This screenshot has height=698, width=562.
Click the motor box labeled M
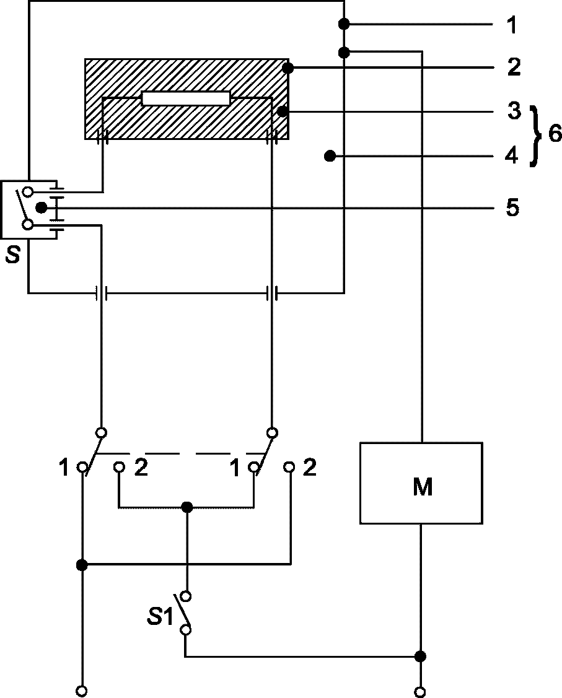pos(421,483)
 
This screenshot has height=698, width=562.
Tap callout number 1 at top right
pos(512,25)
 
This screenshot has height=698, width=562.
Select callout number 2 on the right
pos(514,67)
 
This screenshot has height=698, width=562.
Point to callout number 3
pos(514,110)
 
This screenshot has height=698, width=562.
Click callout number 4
pos(512,156)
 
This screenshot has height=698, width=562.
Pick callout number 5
pos(512,207)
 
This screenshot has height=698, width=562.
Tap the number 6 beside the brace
pos(555,133)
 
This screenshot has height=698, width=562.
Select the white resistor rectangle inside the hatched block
pos(186,98)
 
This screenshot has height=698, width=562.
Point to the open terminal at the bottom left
pos(82,691)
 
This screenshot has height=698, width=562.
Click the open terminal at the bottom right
pos(420,691)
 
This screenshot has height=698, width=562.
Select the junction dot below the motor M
pos(420,656)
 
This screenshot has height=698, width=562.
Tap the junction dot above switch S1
pos(188,507)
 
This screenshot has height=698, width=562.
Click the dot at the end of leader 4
pos(330,156)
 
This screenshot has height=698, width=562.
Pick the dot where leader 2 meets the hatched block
pos(288,68)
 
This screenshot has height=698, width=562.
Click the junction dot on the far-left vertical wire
pos(82,565)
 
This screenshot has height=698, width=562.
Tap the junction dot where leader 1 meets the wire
pos(344,24)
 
